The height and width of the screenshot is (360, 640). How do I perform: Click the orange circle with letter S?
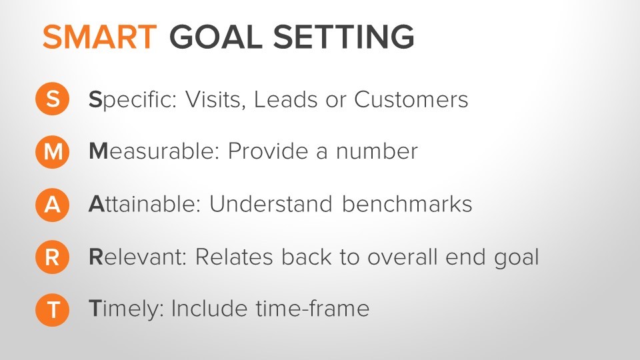tap(52, 100)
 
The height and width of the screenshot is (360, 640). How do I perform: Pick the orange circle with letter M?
tap(52, 152)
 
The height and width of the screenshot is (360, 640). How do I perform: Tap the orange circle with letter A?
tap(52, 205)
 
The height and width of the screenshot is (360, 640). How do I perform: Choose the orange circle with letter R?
tap(52, 257)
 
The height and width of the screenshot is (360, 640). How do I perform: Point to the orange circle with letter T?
tap(52, 309)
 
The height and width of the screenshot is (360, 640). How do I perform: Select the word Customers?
tap(411, 100)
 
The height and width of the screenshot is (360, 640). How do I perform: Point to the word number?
tap(377, 152)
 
